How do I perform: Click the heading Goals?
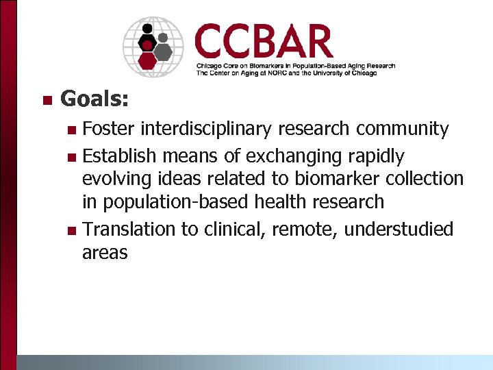pyautogui.click(x=94, y=99)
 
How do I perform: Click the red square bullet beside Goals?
pyautogui.click(x=47, y=101)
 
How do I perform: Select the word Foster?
pyautogui.click(x=108, y=129)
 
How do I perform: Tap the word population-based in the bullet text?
pyautogui.click(x=170, y=202)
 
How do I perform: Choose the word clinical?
pyautogui.click(x=235, y=229)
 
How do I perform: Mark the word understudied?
pyautogui.click(x=399, y=229)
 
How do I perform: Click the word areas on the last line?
pyautogui.click(x=105, y=253)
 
